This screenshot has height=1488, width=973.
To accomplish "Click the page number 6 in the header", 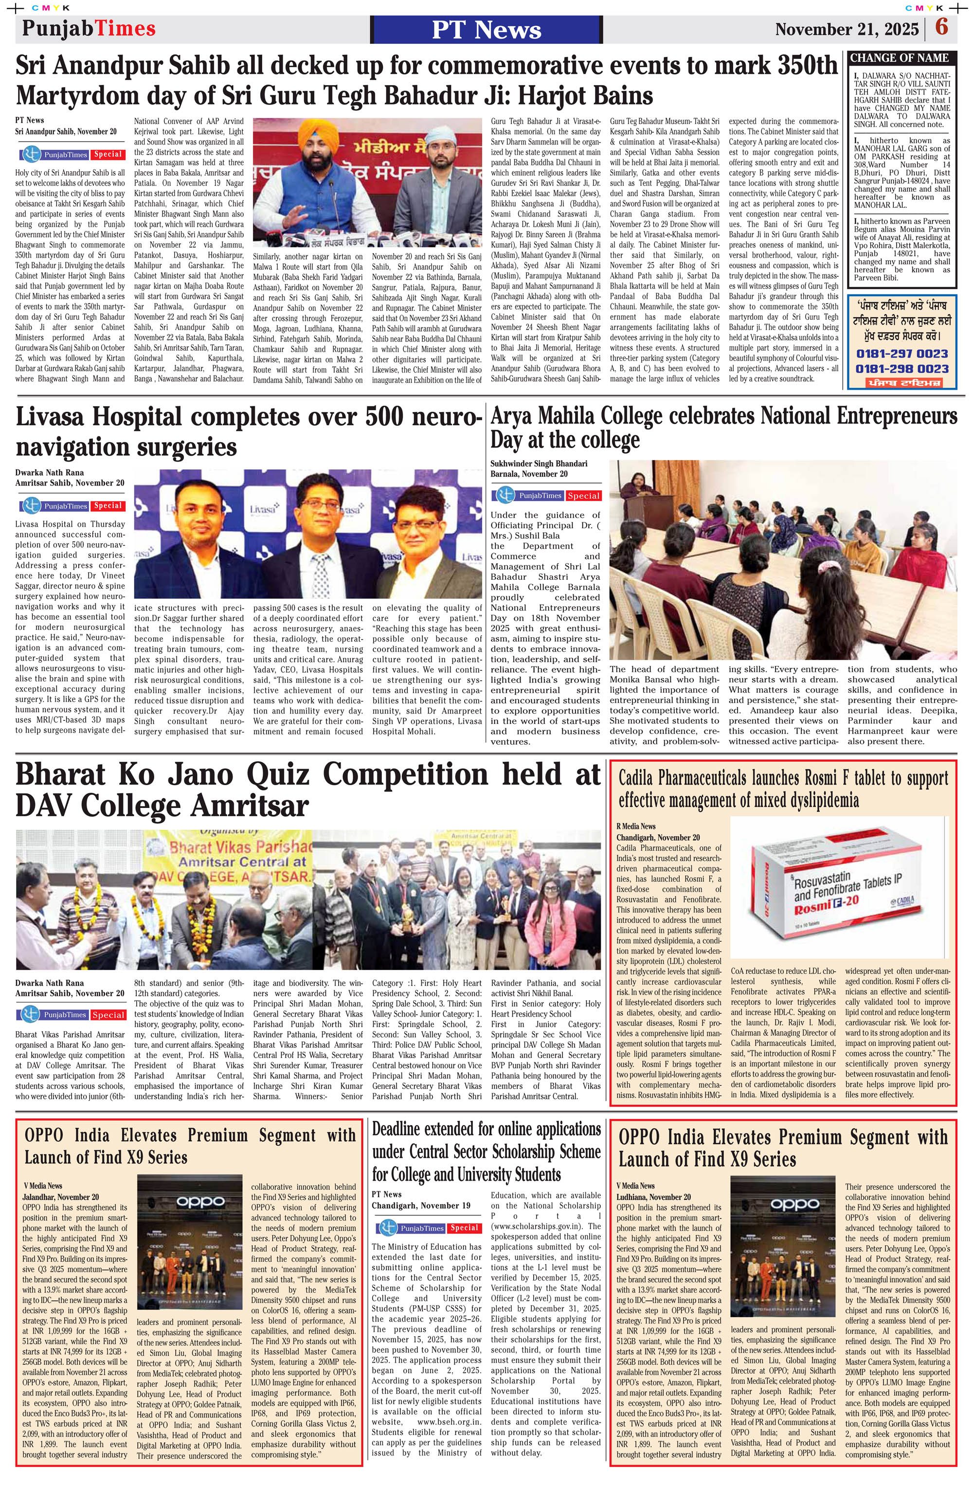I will point(942,28).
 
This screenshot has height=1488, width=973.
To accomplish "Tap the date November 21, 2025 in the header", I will point(847,29).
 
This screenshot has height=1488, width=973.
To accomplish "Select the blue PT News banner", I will point(486,29).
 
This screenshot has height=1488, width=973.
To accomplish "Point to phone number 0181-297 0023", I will point(901,354).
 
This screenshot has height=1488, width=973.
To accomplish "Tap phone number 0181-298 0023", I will point(901,369).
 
